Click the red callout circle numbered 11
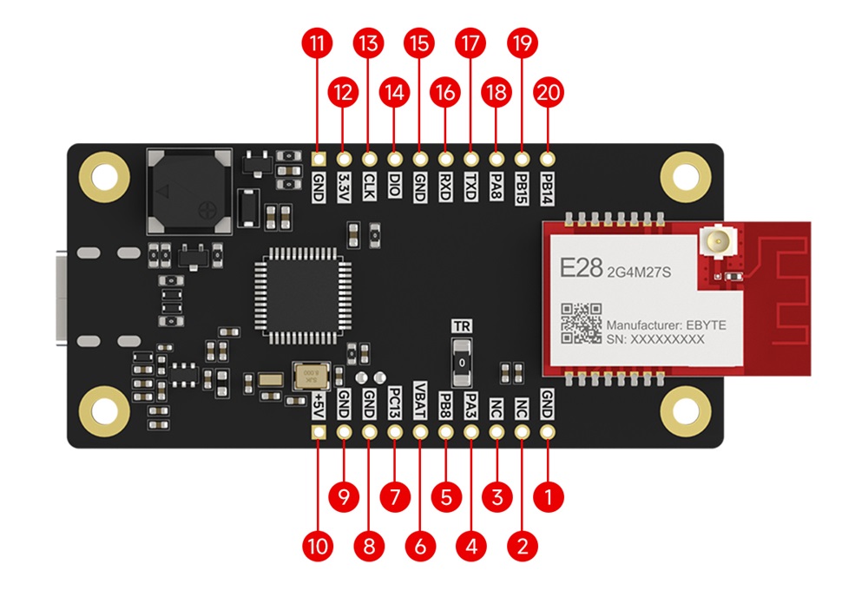pos(318,43)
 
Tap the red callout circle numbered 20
pos(548,91)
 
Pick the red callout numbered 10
pos(318,546)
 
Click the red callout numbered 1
pos(548,497)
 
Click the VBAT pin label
pos(421,400)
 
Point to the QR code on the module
pos(581,323)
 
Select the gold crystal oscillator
pos(310,377)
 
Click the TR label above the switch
pos(463,326)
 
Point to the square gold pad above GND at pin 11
pos(318,161)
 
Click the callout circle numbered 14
pos(395,91)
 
